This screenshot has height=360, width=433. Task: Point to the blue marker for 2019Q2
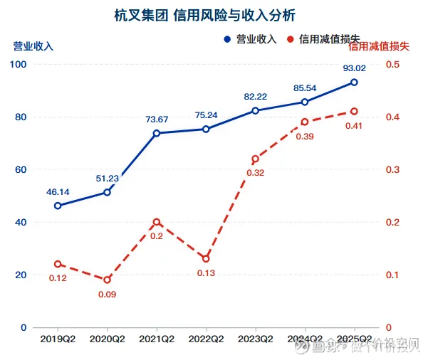(58, 206)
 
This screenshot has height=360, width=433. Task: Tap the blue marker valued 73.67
(157, 133)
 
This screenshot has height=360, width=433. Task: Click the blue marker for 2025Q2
(354, 83)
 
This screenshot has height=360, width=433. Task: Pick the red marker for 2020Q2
(108, 280)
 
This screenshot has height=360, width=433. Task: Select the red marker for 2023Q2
(255, 159)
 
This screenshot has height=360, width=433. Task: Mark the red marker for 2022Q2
(206, 258)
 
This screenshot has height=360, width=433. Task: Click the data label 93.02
(354, 69)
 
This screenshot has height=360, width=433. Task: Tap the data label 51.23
(108, 179)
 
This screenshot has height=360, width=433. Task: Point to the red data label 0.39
(305, 137)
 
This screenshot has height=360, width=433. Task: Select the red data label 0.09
(108, 294)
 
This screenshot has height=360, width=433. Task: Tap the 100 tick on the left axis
(19, 65)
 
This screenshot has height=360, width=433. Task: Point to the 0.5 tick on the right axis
(393, 65)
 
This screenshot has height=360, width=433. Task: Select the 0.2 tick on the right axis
(393, 222)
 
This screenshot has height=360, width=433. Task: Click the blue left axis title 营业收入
(33, 46)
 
